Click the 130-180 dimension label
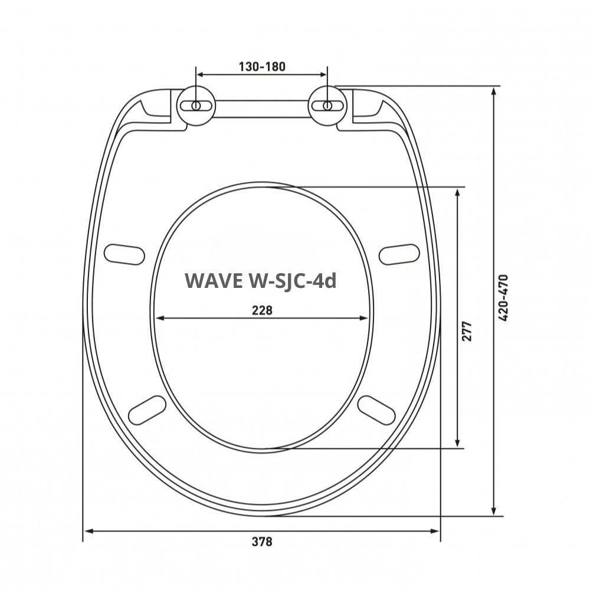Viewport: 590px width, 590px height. tap(261, 66)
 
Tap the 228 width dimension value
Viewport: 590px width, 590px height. tap(261, 310)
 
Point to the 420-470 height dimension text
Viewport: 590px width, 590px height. tap(503, 298)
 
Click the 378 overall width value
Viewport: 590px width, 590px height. tap(261, 541)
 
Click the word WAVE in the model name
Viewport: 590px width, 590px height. tap(211, 281)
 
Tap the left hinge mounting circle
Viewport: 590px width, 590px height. tap(196, 106)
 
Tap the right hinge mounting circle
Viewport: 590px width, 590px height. tap(326, 106)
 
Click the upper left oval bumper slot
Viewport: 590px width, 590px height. tap(124, 253)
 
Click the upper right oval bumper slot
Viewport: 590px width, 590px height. tap(399, 254)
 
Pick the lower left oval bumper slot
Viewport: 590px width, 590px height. tap(147, 409)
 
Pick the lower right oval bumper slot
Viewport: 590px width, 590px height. tap(376, 409)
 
